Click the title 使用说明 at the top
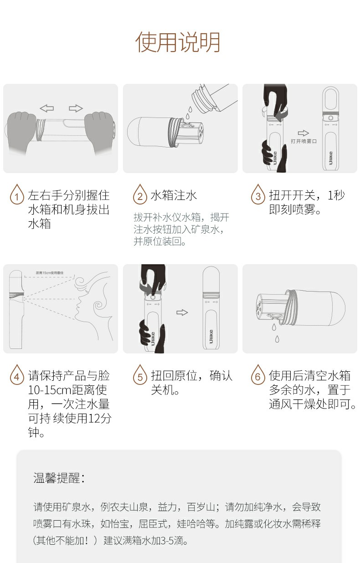178,42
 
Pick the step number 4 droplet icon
17,374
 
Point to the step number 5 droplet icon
140,374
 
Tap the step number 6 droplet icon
258,374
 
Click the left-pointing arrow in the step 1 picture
47,108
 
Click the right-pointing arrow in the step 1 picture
76,108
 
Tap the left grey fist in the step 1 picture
21,132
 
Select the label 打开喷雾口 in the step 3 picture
303,141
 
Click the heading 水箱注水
174,195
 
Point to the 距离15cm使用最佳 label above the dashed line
50,273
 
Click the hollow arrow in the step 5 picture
182,312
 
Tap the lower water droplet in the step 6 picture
277,339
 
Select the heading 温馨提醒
59,478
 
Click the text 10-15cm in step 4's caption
50,390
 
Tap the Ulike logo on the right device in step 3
330,158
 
